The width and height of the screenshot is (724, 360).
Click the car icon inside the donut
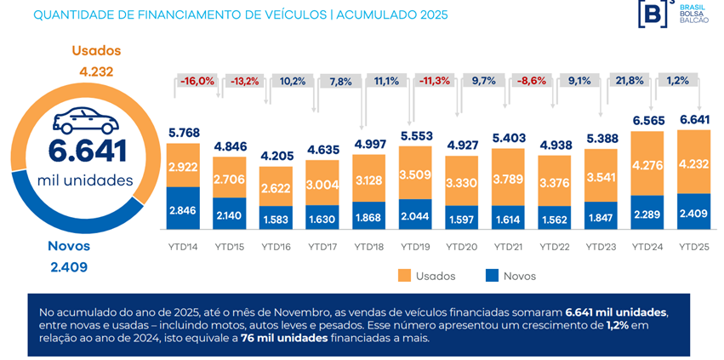(x=85, y=122)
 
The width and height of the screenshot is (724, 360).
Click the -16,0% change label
(x=197, y=81)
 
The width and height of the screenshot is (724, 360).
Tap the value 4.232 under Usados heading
(x=96, y=71)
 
